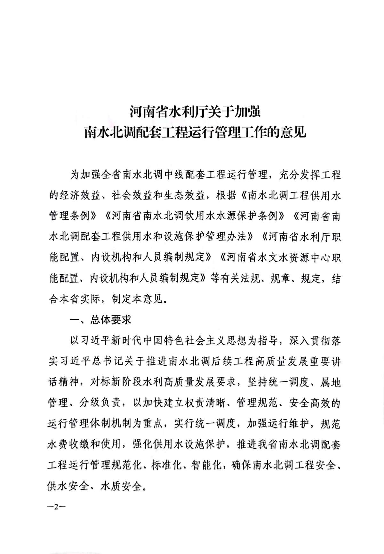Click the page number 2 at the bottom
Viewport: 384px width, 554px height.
(55, 508)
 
